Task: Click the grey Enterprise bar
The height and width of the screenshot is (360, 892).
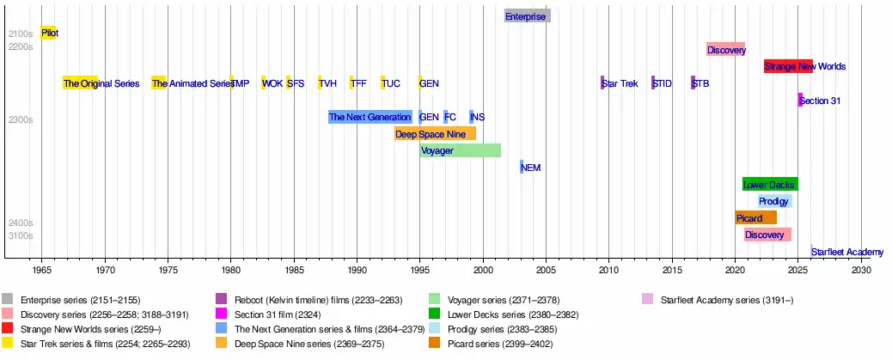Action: tap(528, 16)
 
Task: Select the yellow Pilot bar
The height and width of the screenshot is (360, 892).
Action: tap(48, 33)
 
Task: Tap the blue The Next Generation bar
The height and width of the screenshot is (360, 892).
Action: tap(370, 117)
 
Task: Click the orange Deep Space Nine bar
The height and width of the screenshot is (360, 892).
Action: tap(435, 134)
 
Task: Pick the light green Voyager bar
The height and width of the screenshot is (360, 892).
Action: tap(461, 150)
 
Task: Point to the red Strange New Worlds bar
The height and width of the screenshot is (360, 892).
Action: tap(789, 66)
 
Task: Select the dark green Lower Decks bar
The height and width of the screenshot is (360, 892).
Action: tap(770, 185)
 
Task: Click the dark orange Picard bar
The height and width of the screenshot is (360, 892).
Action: tap(755, 218)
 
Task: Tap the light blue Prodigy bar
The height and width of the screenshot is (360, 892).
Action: tap(775, 201)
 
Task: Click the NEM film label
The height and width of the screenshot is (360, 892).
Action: tap(531, 168)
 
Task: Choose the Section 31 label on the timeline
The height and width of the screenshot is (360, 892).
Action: tap(820, 101)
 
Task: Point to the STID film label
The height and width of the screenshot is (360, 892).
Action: tap(663, 83)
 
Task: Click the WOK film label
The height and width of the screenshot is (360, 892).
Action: tap(272, 83)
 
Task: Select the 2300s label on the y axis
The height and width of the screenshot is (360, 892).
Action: tap(21, 120)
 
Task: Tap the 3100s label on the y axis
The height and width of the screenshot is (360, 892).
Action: tap(21, 235)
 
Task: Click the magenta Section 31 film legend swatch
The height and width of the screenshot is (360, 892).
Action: tap(222, 314)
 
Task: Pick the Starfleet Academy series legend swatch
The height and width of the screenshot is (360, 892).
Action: tap(647, 299)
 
